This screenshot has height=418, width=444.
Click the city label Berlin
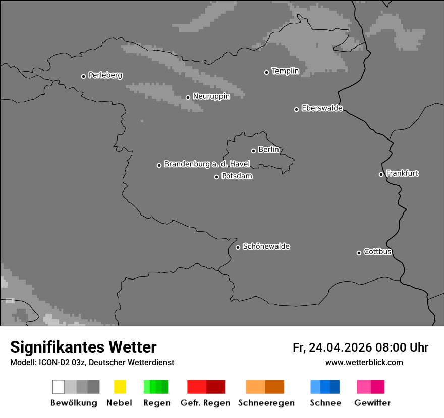[x=268, y=150]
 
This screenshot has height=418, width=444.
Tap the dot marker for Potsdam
[x=217, y=177]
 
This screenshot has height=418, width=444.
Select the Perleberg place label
[x=105, y=75]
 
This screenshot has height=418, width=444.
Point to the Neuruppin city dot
[x=188, y=97]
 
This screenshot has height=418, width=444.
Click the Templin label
[x=285, y=71]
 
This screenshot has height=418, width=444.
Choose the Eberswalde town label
[x=322, y=108]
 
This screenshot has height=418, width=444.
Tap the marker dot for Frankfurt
[x=381, y=175]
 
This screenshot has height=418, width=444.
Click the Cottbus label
[x=377, y=252]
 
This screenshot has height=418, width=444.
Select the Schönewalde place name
[x=266, y=247]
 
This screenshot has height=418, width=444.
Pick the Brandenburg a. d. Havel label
[x=207, y=164]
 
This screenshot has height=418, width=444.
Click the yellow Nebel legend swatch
[x=120, y=387]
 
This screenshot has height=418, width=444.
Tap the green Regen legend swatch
[x=156, y=387]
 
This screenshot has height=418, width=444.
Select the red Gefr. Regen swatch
[x=206, y=387]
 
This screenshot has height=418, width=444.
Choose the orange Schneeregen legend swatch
[x=265, y=387]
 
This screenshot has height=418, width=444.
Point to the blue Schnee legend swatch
[x=325, y=387]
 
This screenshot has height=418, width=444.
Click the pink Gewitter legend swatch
[x=370, y=387]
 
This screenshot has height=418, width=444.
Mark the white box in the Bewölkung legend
[x=59, y=387]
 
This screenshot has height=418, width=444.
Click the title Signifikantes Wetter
[x=83, y=347]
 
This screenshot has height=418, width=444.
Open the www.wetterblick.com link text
[x=364, y=363]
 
